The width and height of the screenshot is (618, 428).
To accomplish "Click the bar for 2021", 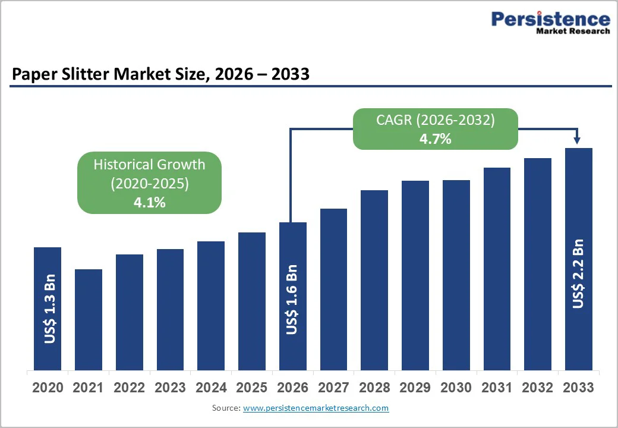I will point(89,319).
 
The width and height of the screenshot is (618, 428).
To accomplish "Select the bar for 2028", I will point(374,279).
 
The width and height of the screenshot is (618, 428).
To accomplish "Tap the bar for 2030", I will point(456,275).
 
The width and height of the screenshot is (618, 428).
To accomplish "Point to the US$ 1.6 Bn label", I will point(292,300).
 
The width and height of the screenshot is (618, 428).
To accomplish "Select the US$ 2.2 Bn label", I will point(578,273).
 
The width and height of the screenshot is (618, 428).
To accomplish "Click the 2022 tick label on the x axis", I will point(130,388).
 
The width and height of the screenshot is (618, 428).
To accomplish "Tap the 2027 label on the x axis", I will point(333,388).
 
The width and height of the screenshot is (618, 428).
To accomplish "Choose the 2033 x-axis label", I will point(578,388).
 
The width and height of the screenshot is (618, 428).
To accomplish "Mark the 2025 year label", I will point(251,388).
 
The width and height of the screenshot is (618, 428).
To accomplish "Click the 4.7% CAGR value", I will point(435,139).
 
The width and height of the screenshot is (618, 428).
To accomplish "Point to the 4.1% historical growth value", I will point(149,202).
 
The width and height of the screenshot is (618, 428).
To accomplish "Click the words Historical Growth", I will point(149,165).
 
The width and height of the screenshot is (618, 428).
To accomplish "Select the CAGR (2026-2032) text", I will point(435,120).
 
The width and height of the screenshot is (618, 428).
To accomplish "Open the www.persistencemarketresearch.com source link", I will point(316,408).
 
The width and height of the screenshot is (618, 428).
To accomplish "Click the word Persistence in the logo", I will point(550,19).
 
